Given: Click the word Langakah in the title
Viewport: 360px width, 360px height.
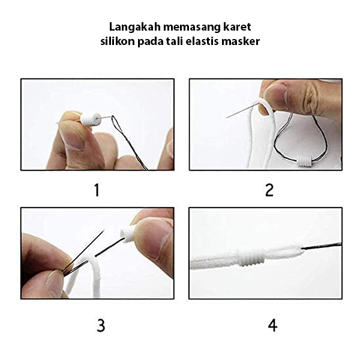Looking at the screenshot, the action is [x=135, y=27].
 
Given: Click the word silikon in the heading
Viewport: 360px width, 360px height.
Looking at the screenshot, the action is [x=118, y=41].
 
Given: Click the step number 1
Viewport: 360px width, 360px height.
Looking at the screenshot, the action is [x=97, y=190].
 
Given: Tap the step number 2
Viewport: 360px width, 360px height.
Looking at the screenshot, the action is [x=269, y=190].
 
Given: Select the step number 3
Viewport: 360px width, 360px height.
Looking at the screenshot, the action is [x=101, y=325].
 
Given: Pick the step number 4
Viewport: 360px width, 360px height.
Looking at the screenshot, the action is [x=272, y=325].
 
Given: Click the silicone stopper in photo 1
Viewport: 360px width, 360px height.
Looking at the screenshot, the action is [x=90, y=119].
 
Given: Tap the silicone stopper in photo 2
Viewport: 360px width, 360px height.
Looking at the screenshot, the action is [x=305, y=161].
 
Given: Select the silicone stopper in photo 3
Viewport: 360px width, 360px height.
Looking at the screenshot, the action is [x=127, y=235].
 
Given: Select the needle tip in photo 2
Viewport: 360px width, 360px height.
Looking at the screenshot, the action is [x=226, y=118].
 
